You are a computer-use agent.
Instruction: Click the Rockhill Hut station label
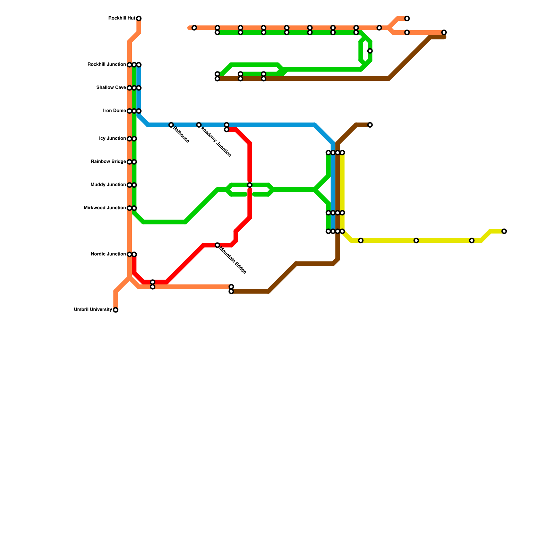point(121,18)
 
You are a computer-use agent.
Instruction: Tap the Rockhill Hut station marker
point(139,18)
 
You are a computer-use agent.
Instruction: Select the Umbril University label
point(93,310)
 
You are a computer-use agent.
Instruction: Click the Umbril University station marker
point(116,310)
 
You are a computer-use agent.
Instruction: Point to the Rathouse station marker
point(171,125)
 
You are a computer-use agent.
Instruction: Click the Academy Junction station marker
point(199,125)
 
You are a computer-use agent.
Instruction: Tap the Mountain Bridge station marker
point(217,245)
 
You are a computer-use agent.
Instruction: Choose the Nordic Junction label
point(108,254)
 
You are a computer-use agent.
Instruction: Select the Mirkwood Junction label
point(105,208)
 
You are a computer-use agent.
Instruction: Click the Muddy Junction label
point(108,185)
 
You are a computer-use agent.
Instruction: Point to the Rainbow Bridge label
point(108,162)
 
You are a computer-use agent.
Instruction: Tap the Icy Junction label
point(112,139)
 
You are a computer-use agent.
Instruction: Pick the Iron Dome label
point(114,111)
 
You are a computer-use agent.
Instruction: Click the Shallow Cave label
point(111,88)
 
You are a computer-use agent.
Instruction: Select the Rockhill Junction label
point(106,65)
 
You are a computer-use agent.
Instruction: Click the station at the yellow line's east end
point(504,231)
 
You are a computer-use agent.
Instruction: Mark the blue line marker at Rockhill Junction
point(139,65)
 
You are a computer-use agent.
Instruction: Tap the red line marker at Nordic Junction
point(134,254)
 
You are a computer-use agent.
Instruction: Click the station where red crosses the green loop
point(250,185)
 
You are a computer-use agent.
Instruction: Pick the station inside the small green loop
point(370,51)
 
